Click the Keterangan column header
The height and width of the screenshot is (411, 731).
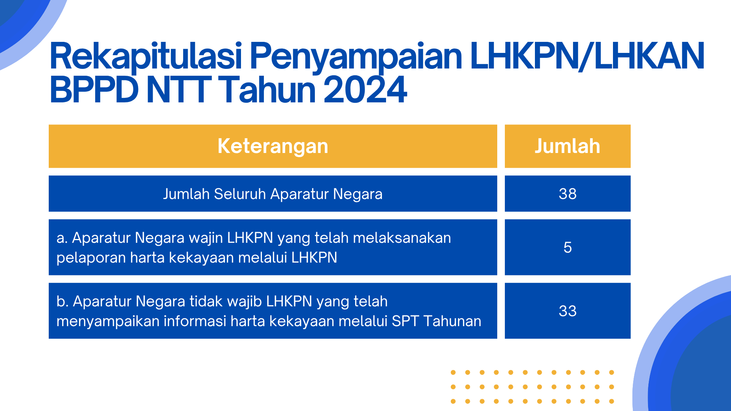pos(273,146)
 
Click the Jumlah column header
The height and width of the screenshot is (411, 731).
pos(568,146)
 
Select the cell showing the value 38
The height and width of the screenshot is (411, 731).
pos(568,194)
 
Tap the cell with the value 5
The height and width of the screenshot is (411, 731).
pos(568,247)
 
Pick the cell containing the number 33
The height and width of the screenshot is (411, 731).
pos(568,311)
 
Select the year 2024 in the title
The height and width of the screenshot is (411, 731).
pos(365,90)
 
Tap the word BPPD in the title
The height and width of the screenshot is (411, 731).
pos(94,90)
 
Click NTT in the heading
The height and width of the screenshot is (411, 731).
pos(179,90)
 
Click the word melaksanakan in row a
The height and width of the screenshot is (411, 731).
pos(402,238)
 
